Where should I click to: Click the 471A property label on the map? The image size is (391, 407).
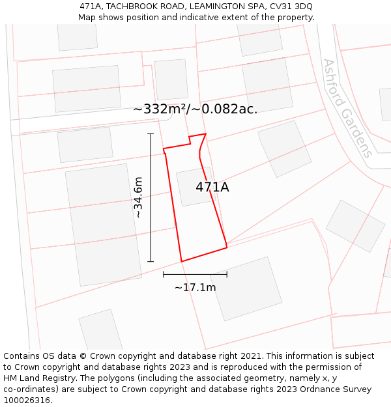tap(212, 188)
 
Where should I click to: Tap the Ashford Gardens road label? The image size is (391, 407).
tap(348, 108)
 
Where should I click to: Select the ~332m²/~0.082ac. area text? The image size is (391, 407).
tap(195, 109)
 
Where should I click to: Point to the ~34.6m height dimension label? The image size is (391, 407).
tap(138, 197)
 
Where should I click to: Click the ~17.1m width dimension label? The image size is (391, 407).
tap(195, 287)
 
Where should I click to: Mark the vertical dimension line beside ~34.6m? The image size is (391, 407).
tap(151, 197)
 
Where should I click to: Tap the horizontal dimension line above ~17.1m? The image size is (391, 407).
tap(195, 275)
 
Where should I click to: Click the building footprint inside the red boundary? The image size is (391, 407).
tap(193, 187)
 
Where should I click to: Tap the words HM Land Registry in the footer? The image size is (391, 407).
tap(36, 378)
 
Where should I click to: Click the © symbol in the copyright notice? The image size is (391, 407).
tap(83, 356)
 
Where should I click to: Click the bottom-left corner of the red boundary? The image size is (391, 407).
tap(181, 262)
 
